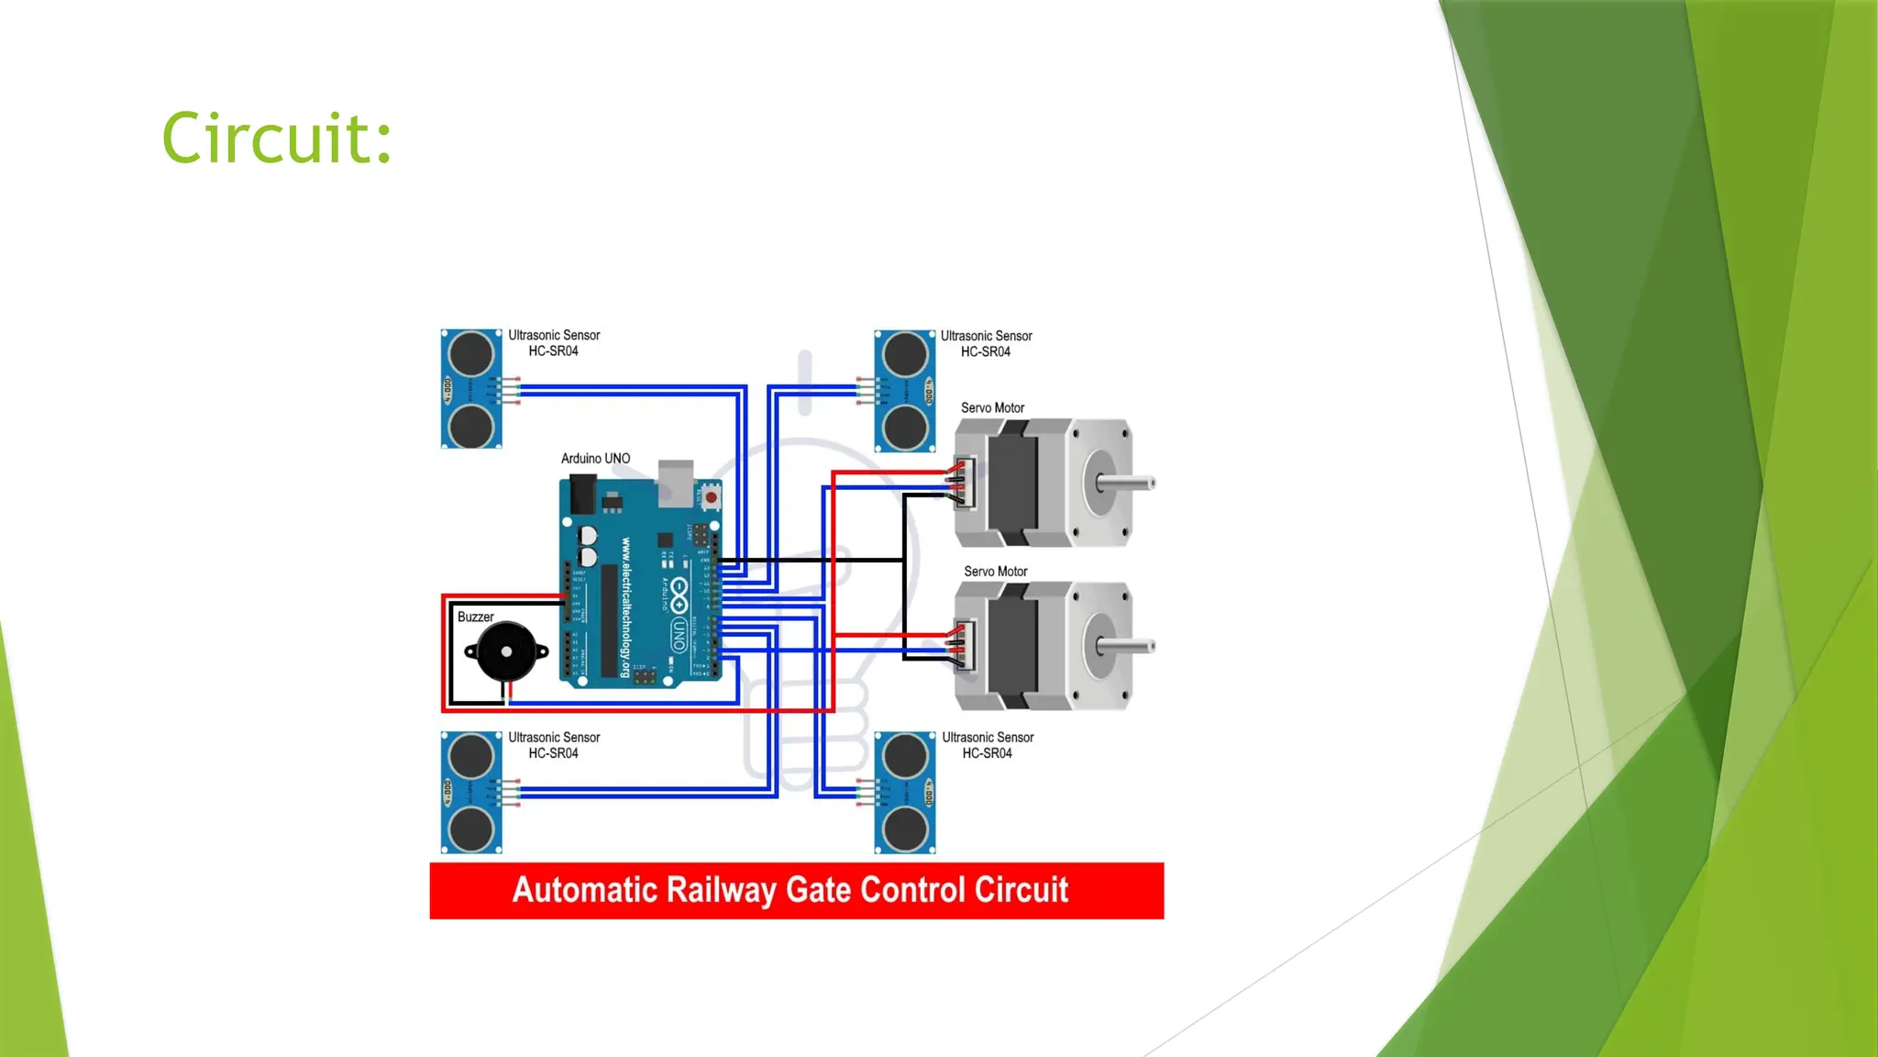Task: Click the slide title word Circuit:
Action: tap(277, 139)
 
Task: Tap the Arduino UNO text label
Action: tap(595, 459)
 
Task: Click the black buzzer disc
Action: tap(506, 651)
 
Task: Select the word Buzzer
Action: tap(475, 618)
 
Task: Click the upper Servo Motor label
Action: tap(992, 408)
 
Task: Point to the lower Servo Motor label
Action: tap(995, 572)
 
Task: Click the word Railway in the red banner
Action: tap(722, 890)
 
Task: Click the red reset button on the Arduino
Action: tap(711, 498)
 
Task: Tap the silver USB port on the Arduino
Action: tap(676, 481)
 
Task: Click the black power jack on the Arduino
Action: tap(582, 495)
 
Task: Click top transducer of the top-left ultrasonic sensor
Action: tap(471, 354)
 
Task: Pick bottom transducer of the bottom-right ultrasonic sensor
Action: tap(905, 829)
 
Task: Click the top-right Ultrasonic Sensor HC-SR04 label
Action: tap(986, 344)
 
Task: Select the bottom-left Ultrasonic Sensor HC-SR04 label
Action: tap(554, 745)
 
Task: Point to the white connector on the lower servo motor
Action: tap(964, 645)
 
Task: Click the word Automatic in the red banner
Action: tap(584, 890)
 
